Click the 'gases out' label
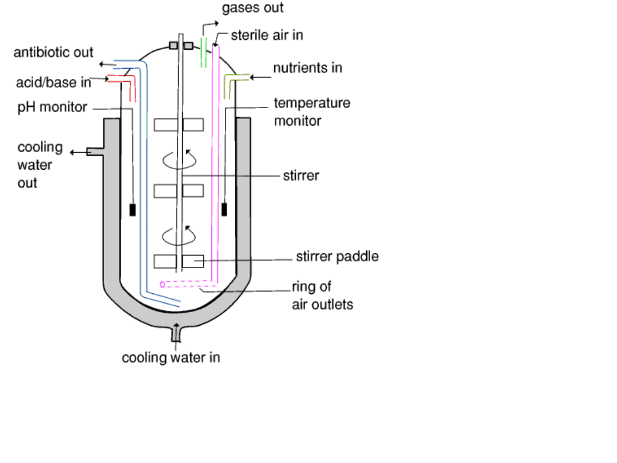[x=253, y=8]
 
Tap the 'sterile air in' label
[x=267, y=35]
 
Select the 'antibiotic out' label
[x=54, y=53]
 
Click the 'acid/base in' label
[x=54, y=83]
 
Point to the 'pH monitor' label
[x=52, y=107]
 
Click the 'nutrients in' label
[x=307, y=68]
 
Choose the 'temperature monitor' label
[x=311, y=112]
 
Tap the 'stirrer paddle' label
[x=337, y=257]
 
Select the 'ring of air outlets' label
[x=322, y=295]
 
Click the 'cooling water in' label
[x=171, y=358]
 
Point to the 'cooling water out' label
[x=40, y=165]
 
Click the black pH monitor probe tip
[x=133, y=210]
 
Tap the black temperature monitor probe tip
[x=225, y=209]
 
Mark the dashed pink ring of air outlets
[x=189, y=283]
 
